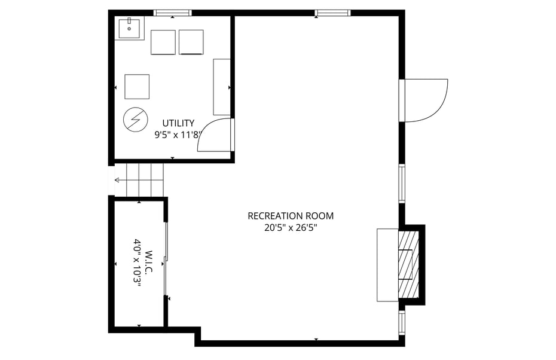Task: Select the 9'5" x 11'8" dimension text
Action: (178, 135)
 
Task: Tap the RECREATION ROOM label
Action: (291, 216)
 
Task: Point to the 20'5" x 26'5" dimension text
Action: (291, 227)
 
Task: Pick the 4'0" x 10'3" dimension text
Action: (137, 263)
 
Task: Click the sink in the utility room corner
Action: (129, 28)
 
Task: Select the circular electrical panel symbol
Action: (135, 120)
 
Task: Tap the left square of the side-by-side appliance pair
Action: (163, 42)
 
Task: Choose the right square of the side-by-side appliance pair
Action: (191, 42)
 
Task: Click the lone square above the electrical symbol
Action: (137, 87)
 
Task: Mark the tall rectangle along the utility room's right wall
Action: (222, 87)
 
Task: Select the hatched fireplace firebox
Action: (410, 264)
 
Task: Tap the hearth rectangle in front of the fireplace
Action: (387, 264)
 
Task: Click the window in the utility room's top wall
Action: (172, 13)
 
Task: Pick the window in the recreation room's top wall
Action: (332, 13)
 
